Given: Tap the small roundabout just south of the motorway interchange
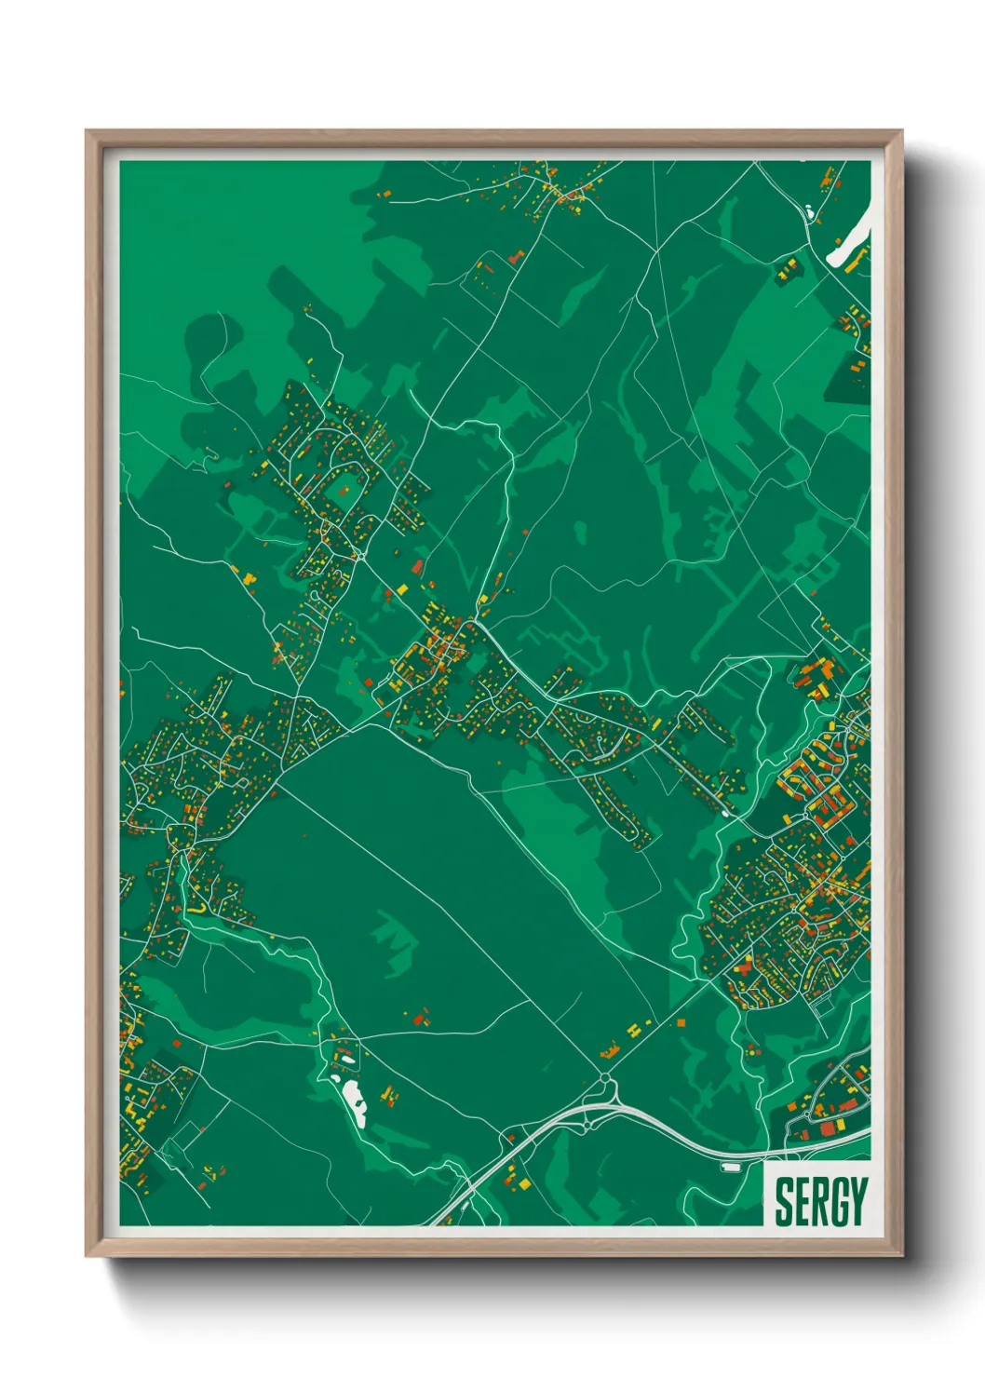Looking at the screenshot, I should click(590, 1127).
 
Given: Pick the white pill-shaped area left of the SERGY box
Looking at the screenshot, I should click(732, 1166).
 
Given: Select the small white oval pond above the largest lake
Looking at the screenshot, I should click(345, 1058).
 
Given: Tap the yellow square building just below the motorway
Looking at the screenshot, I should click(525, 1184).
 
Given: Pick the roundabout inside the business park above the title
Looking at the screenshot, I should click(816, 1106).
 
